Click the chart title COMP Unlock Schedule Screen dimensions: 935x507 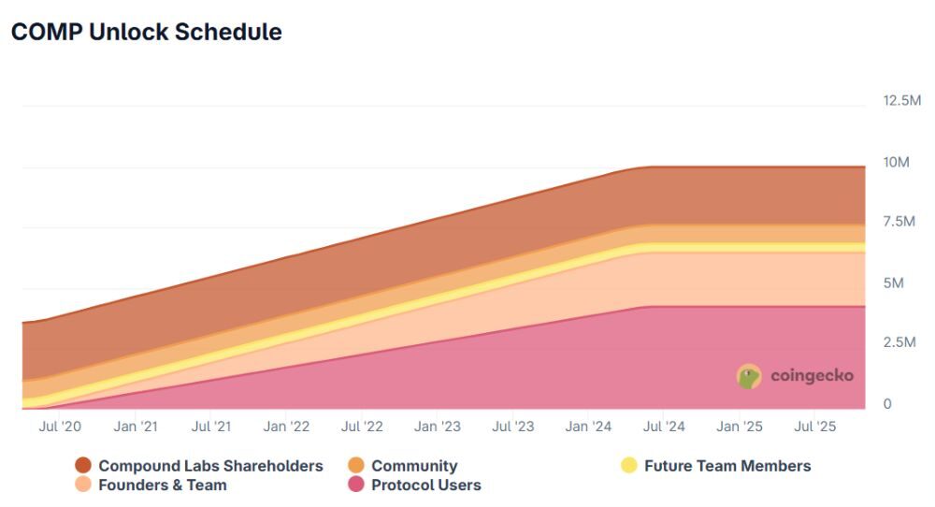(x=147, y=32)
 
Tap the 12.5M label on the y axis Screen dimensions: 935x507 (x=901, y=100)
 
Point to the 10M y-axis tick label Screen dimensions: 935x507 (x=896, y=162)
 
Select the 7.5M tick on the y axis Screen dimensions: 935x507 (x=899, y=222)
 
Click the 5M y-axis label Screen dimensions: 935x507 (x=893, y=282)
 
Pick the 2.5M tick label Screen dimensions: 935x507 (x=899, y=341)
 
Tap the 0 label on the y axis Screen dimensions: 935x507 (x=887, y=404)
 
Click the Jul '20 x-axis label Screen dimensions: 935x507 (x=60, y=427)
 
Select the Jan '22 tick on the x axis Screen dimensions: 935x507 (x=286, y=427)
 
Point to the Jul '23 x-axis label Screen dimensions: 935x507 (x=512, y=427)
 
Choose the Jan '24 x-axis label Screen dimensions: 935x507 (x=588, y=427)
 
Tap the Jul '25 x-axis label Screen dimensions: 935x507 (x=815, y=427)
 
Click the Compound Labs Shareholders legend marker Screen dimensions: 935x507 (x=83, y=465)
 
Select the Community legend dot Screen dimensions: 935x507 (x=356, y=465)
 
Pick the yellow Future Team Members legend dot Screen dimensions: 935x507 (x=629, y=465)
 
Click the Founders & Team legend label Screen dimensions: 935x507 (x=162, y=485)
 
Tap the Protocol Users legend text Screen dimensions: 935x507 (x=425, y=485)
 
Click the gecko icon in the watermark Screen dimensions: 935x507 (x=749, y=376)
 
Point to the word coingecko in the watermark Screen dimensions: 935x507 (x=812, y=376)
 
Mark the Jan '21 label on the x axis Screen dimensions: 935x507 (x=136, y=427)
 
